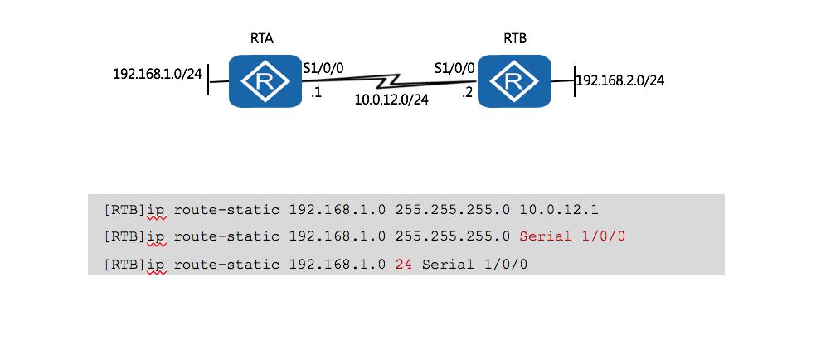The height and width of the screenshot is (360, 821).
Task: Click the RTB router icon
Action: coord(514,80)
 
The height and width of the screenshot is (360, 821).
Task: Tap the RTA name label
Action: coord(261,39)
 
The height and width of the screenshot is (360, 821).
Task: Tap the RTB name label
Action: coord(515,39)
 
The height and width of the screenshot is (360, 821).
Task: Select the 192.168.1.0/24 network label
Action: coord(158,74)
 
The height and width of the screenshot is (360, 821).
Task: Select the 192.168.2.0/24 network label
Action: coord(620,80)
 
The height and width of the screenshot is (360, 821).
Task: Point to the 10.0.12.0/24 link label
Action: coord(391,100)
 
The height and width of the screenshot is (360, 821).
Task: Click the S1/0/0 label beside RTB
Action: coord(454,68)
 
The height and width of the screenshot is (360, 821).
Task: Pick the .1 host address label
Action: coord(316,94)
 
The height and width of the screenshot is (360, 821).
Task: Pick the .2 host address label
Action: coord(469,94)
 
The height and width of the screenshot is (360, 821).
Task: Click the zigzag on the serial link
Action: coord(391,81)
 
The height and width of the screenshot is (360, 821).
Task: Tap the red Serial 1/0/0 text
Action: coord(572,236)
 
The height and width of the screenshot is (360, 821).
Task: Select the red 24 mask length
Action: coord(405,264)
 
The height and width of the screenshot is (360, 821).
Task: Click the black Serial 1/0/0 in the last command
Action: coord(474,264)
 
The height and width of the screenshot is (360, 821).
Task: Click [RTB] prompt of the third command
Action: coord(124,264)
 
